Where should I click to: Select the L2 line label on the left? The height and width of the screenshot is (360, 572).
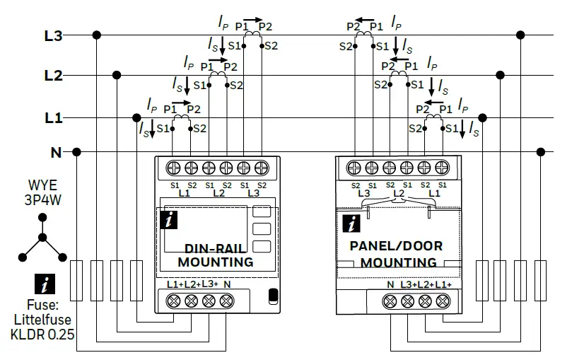[x=54, y=75]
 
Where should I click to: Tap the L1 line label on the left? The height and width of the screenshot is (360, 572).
[x=54, y=117]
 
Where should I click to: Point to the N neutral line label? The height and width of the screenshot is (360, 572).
[x=55, y=152]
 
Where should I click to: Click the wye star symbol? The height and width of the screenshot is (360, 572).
[x=42, y=238]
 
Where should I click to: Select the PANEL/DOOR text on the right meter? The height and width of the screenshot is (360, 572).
[x=396, y=246]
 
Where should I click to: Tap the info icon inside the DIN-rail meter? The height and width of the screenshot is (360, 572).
[x=169, y=220]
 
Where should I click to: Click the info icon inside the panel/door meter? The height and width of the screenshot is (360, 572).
[x=351, y=224]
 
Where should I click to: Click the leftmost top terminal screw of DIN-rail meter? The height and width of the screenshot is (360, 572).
[x=173, y=168]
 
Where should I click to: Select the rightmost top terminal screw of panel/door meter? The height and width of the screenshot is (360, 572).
[x=442, y=168]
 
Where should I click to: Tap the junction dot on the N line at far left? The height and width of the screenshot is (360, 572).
[x=76, y=151]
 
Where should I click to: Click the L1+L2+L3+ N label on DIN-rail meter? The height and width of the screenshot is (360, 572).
[x=199, y=284]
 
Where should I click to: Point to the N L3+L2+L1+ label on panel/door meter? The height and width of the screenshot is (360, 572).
[x=419, y=284]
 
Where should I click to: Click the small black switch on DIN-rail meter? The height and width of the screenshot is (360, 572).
[x=273, y=296]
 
